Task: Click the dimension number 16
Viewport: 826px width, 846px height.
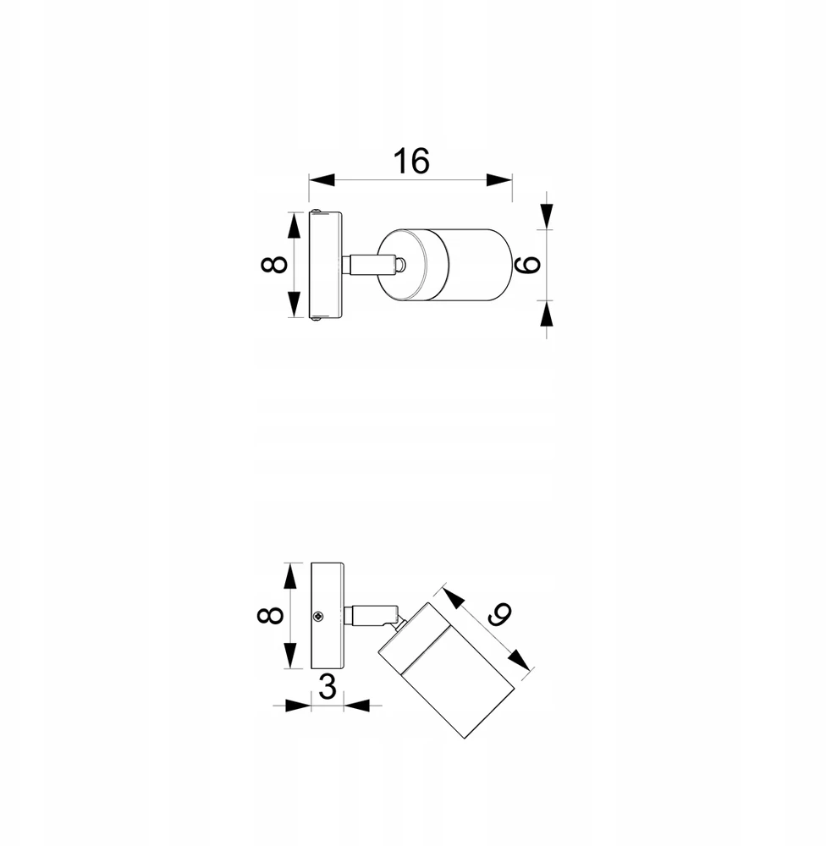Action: point(411,161)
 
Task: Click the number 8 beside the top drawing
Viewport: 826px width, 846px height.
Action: point(274,264)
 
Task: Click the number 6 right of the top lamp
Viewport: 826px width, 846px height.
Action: point(530,264)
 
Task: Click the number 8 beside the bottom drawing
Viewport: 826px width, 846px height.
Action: point(270,615)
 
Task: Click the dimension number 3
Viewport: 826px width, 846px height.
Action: point(328,687)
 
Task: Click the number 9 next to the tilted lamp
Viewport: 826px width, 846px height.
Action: point(498,613)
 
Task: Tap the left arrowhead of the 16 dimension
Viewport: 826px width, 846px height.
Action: point(322,179)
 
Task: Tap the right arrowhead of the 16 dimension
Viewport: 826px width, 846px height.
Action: point(499,179)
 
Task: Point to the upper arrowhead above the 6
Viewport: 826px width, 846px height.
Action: point(547,217)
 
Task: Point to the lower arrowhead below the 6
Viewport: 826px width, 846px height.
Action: point(547,314)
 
